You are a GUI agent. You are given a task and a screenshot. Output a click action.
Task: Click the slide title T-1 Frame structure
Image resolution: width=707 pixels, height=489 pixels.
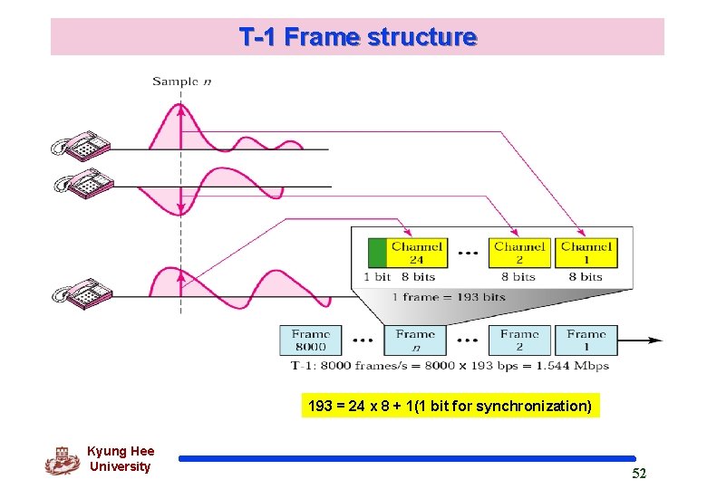[x=357, y=37]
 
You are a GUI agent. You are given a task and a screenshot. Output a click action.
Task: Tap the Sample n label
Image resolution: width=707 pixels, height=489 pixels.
[x=181, y=81]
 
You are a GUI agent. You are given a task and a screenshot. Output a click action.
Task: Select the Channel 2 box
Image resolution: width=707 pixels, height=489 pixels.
[x=519, y=253]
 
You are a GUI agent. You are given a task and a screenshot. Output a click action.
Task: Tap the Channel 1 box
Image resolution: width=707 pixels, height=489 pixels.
[x=586, y=253]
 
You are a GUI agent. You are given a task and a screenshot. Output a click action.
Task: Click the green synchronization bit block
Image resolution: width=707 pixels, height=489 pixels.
[x=378, y=253]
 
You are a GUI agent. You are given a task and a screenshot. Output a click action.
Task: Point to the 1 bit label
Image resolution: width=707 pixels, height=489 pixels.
[x=378, y=277]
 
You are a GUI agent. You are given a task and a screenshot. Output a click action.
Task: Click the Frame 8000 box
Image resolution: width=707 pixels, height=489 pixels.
[x=311, y=340]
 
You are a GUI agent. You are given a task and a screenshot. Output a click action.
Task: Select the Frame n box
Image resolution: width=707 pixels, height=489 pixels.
[x=415, y=340]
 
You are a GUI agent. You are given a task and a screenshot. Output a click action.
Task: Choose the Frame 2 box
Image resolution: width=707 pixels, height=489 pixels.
[x=519, y=340]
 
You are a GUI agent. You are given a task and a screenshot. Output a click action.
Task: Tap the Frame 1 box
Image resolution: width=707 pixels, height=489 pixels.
[x=586, y=340]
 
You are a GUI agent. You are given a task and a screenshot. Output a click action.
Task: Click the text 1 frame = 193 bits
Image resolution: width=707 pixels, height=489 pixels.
[x=449, y=297]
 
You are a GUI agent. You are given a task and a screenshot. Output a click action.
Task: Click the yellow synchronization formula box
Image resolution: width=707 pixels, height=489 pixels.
[x=450, y=406]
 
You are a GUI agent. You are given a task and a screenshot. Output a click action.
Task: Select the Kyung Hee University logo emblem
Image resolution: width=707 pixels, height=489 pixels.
[x=62, y=460]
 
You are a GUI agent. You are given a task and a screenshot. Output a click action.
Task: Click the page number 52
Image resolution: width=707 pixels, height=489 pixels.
[x=638, y=474]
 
